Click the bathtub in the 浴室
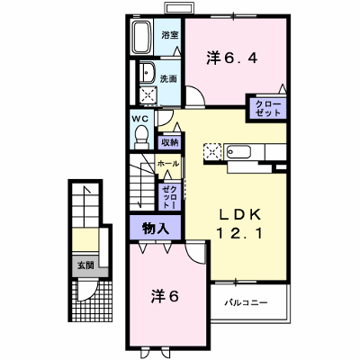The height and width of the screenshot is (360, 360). [x=141, y=38]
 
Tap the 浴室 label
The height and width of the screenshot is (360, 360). [x=170, y=35]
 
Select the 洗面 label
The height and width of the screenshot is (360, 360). [x=168, y=79]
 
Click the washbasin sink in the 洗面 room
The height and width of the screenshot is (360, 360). [x=147, y=72]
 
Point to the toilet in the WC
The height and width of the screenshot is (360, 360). [x=141, y=138]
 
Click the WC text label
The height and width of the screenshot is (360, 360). [x=140, y=119]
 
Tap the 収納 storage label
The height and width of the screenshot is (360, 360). [x=170, y=142]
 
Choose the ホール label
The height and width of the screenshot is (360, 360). [x=168, y=164]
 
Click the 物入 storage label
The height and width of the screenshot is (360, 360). [x=156, y=229]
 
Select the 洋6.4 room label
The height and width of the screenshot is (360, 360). [x=232, y=58]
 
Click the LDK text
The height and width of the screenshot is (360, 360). [x=239, y=214]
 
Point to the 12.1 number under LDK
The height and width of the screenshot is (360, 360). [x=239, y=233]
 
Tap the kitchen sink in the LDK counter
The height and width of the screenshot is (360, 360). [x=238, y=152]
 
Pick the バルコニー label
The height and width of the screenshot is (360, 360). [x=246, y=302]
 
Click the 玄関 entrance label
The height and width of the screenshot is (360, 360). [x=85, y=265]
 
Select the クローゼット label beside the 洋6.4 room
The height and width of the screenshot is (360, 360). [x=268, y=109]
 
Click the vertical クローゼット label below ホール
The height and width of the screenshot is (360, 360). [x=169, y=196]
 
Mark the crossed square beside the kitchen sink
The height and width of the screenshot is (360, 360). [x=212, y=151]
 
